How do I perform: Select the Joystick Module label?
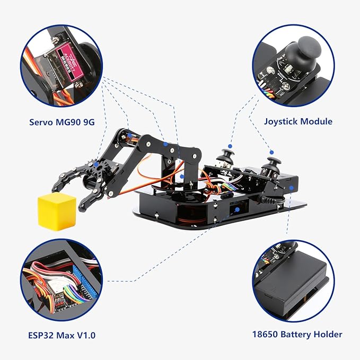pos(298,121)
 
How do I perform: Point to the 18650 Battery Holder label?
pos(297,334)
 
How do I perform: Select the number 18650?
pos(266,334)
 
